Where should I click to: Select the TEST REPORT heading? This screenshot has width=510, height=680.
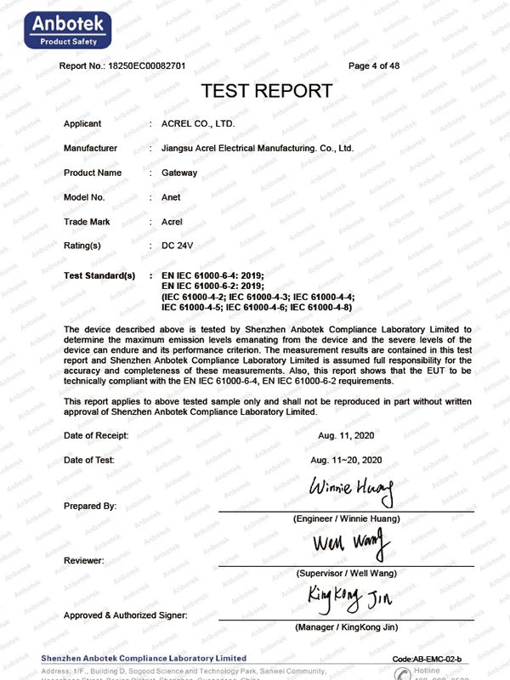tap(266, 91)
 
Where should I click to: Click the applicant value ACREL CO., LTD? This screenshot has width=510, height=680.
tap(197, 124)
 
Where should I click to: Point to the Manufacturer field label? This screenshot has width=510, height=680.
tap(90, 148)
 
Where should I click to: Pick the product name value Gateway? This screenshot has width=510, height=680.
tap(178, 173)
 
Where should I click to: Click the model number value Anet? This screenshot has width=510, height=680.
tap(171, 197)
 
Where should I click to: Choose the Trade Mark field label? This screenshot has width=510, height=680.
tap(87, 222)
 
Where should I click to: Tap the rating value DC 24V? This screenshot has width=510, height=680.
tap(178, 246)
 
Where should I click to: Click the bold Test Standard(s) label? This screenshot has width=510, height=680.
tap(99, 276)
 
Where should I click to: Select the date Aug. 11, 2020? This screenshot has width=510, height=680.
tap(346, 435)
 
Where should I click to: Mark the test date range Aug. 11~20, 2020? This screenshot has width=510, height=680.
tap(346, 460)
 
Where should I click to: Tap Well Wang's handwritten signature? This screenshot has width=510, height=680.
tap(350, 541)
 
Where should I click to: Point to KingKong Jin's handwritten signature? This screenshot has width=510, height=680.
tap(350, 598)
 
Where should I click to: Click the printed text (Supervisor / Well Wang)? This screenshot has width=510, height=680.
tap(346, 574)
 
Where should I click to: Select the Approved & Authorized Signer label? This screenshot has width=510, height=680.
tap(126, 615)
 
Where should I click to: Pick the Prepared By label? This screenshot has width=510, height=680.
tap(90, 506)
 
